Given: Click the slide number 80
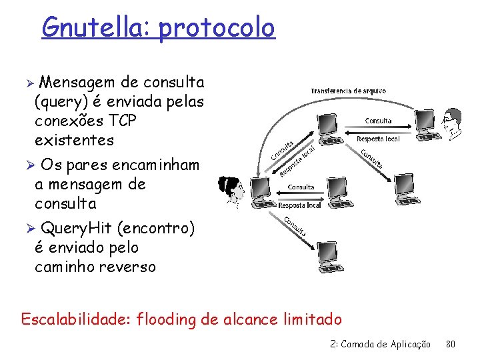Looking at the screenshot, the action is tap(451, 345).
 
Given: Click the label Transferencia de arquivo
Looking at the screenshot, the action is tap(348, 91).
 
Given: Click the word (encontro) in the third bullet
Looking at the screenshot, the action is tap(155, 229).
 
